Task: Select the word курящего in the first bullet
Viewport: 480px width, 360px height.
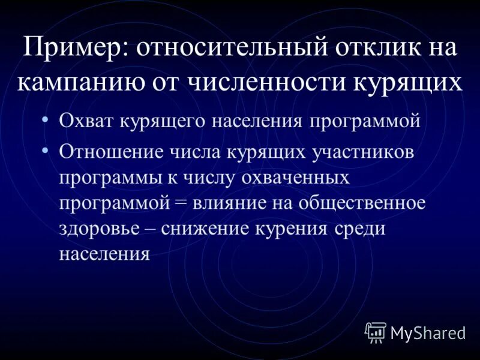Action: pos(158,121)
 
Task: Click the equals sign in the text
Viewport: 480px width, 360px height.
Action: pos(181,203)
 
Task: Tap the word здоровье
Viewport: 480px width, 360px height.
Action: pos(95,229)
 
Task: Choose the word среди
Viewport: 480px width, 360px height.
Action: pos(358,229)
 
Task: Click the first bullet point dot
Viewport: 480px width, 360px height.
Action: pos(46,119)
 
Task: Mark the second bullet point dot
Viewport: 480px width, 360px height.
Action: pos(46,150)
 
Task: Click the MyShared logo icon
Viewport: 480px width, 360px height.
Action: pos(376,331)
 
